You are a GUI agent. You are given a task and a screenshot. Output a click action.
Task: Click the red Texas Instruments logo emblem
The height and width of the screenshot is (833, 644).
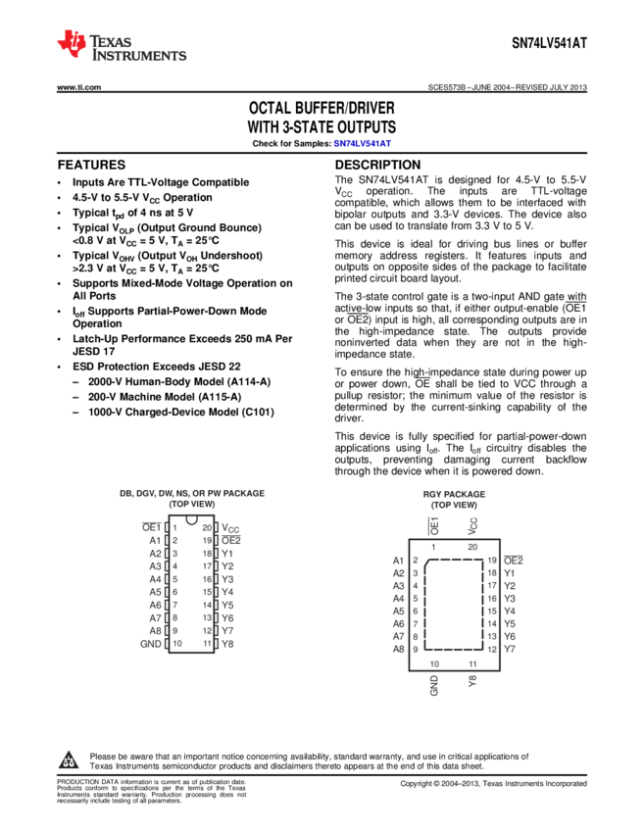coord(71,43)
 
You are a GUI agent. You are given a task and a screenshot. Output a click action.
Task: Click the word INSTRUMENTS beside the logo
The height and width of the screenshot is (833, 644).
coord(138,57)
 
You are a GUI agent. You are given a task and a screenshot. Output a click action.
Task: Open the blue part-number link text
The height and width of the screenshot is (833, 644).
coord(362,144)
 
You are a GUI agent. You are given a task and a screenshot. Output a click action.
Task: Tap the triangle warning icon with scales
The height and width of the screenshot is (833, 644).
coord(68,759)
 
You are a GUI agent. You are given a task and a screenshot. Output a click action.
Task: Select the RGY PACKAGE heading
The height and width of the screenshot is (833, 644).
coord(454,495)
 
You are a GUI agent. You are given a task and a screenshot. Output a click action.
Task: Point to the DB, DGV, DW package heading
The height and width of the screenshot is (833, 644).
coord(192,494)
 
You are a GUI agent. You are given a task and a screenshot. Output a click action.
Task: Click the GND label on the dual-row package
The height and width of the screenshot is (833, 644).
coord(150,644)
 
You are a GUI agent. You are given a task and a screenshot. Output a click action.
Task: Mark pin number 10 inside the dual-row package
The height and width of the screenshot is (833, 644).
coord(177,644)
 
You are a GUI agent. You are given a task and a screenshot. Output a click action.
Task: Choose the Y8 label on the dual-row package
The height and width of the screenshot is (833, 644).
coord(227,644)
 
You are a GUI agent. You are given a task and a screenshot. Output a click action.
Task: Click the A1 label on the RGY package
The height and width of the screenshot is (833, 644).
coord(398,561)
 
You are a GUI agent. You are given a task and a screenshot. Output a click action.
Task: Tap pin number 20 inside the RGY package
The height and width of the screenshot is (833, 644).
coord(471,547)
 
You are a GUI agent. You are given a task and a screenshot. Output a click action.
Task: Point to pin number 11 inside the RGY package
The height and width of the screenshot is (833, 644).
coord(471,663)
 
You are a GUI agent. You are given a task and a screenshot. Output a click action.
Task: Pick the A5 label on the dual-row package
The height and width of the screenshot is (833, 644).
coord(155,592)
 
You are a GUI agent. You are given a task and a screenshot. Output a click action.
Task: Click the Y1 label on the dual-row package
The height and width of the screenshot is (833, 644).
coord(227,553)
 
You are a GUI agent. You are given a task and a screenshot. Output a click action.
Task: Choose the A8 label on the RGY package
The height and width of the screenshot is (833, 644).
coord(398,649)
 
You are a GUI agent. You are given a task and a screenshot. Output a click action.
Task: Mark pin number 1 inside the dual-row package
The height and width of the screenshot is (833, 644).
coord(175,527)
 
